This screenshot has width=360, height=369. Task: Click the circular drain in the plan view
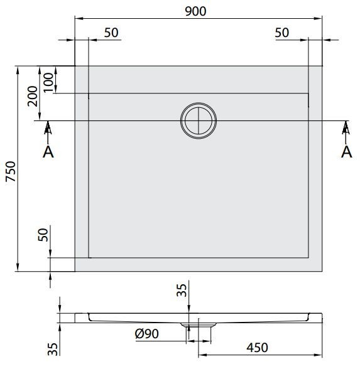tap(200, 120)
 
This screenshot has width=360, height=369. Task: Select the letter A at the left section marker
tap(47, 151)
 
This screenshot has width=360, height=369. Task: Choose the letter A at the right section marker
tap(345, 151)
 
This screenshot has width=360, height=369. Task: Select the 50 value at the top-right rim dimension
tap(282, 33)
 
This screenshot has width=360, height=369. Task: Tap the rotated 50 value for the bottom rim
tap(43, 235)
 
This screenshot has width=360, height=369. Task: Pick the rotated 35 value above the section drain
tap(182, 291)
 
